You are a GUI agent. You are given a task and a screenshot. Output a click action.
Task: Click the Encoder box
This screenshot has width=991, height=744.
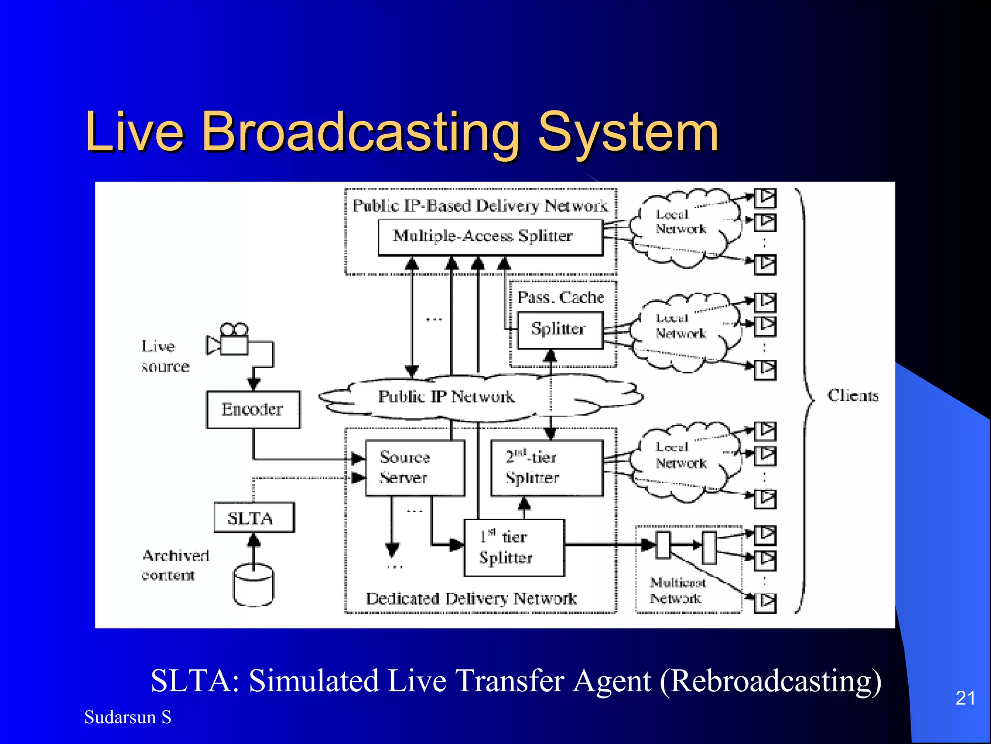pyautogui.click(x=253, y=409)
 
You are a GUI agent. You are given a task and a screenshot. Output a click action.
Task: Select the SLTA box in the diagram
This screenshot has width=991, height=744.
pyautogui.click(x=254, y=518)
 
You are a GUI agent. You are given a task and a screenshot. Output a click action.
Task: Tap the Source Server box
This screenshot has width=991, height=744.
pyautogui.click(x=415, y=467)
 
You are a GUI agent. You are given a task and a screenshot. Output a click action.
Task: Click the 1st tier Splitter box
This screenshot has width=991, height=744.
pyautogui.click(x=514, y=547)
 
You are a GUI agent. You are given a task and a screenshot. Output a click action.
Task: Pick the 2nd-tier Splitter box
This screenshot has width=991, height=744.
pyautogui.click(x=547, y=467)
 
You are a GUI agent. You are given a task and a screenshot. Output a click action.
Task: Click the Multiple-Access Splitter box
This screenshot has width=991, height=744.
pyautogui.click(x=490, y=237)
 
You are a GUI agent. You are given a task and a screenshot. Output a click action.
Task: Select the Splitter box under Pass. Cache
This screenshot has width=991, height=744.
pyautogui.click(x=560, y=329)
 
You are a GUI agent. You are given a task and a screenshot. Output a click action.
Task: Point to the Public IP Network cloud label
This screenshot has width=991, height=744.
pyautogui.click(x=446, y=397)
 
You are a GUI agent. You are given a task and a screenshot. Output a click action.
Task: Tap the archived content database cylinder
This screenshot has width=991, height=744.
pyautogui.click(x=253, y=585)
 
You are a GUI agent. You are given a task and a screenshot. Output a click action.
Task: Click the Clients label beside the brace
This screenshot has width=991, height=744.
pyautogui.click(x=853, y=396)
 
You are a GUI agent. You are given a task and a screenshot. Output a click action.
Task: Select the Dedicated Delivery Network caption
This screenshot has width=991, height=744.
pyautogui.click(x=471, y=599)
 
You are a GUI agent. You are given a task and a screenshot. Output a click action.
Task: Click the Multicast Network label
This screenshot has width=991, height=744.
pyautogui.click(x=676, y=590)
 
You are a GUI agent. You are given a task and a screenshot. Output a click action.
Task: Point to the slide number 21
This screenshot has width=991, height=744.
pyautogui.click(x=965, y=698)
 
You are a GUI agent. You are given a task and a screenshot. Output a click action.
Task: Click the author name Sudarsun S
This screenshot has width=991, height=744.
pyautogui.click(x=128, y=717)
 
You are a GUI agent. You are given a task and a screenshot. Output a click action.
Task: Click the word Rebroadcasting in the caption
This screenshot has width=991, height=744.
pyautogui.click(x=770, y=681)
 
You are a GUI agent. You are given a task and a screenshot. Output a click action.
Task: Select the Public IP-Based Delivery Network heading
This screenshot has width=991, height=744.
pyautogui.click(x=480, y=206)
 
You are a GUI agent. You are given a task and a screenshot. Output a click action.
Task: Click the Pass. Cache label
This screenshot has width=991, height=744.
pyautogui.click(x=561, y=297)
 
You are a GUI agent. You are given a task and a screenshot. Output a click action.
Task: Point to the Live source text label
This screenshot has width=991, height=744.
pyautogui.click(x=165, y=356)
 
